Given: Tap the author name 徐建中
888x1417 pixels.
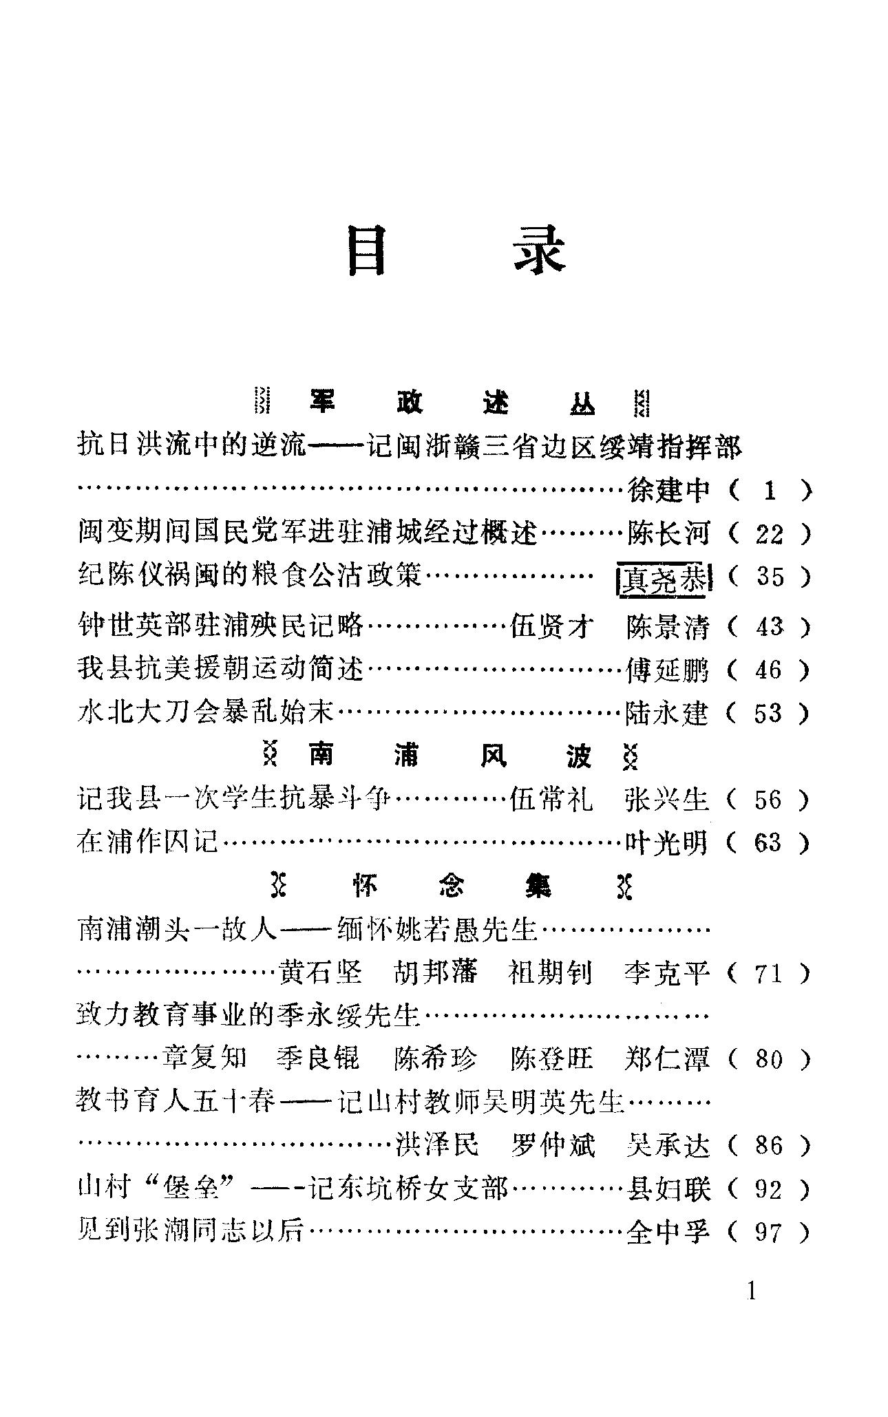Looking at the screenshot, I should [668, 491].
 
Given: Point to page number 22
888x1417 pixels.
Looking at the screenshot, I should [769, 534].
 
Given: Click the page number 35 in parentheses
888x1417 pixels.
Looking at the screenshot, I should [770, 577].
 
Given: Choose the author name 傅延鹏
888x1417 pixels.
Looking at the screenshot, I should [666, 670].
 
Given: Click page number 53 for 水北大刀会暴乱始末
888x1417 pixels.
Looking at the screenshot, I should [768, 713].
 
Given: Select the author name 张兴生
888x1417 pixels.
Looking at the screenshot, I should [666, 800].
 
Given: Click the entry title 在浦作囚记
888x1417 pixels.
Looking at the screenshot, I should [147, 842].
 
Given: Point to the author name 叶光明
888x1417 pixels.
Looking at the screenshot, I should [666, 842].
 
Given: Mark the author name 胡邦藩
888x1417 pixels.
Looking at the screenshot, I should [435, 973].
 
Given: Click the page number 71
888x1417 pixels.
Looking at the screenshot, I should [768, 973].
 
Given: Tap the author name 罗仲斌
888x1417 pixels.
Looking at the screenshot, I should [553, 1145].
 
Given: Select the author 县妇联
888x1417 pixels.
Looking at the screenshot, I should [666, 1189].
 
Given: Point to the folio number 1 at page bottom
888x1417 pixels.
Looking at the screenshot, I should [751, 1291].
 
